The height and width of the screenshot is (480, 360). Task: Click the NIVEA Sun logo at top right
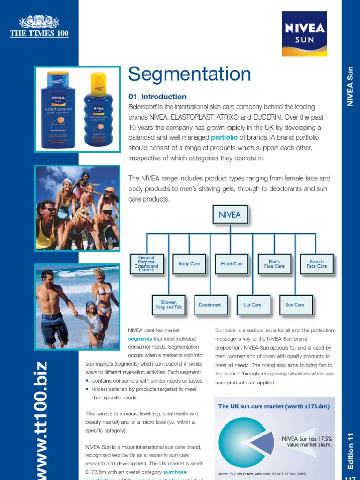[x=304, y=34]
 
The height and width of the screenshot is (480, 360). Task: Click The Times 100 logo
[x=39, y=27]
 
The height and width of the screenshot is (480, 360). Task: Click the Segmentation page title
[x=189, y=74]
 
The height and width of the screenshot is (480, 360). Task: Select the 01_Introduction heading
[x=157, y=97]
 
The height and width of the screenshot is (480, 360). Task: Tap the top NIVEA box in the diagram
[x=230, y=215]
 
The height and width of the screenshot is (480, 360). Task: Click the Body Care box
[x=189, y=264]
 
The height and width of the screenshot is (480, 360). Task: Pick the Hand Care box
[x=232, y=264]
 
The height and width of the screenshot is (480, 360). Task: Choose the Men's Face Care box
[x=274, y=264]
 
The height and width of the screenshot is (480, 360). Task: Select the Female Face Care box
[x=316, y=264]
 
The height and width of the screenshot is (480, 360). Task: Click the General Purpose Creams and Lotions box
[x=146, y=264]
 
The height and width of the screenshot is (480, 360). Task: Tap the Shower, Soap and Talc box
[x=168, y=305]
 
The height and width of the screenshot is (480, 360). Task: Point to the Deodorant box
[x=210, y=305]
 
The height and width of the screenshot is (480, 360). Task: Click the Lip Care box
[x=253, y=305]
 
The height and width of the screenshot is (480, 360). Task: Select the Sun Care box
[x=295, y=305]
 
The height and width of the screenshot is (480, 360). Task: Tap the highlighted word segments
[x=140, y=338]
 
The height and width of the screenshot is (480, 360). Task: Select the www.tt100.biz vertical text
[x=40, y=420]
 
